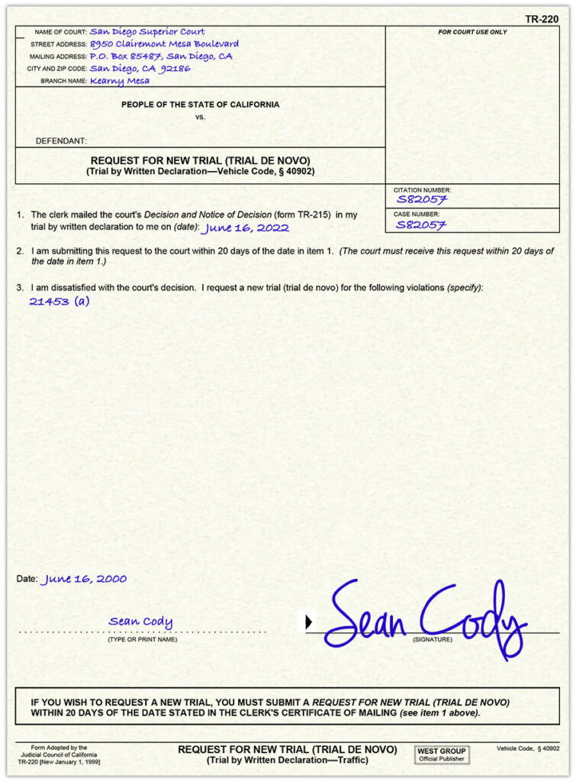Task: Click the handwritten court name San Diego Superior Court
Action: pos(147,32)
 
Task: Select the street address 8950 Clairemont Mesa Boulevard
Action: pos(164,44)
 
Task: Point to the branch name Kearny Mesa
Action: pos(120,80)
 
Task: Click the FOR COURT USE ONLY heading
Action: pos(472,32)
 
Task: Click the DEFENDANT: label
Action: pos(61,141)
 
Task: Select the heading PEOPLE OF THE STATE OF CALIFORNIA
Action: pos(200,105)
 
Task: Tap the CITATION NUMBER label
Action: pos(422,189)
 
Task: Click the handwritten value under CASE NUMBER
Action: pos(421,225)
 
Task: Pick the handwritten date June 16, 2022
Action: pos(246,228)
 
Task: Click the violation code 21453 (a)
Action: pos(60,301)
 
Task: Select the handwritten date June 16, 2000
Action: pos(85,579)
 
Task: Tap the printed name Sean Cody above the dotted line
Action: pos(140,622)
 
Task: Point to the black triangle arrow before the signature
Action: pos(308,622)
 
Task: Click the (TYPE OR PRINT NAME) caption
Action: pos(142,639)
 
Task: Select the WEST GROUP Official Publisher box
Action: pos(442,755)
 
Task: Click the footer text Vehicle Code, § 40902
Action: pos(528,749)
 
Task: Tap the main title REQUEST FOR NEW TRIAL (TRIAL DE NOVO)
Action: pos(200,160)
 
